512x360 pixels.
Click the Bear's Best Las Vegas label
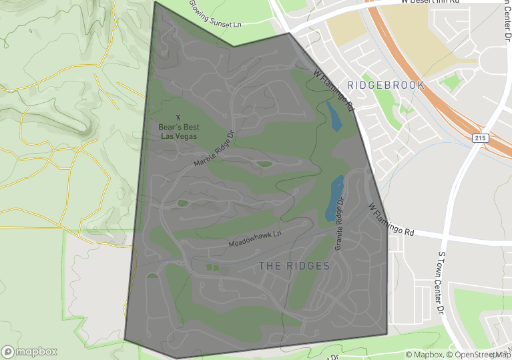click(178, 131)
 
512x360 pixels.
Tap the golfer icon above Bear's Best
click(178, 118)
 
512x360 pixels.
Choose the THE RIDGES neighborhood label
click(294, 266)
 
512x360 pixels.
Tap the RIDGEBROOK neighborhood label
click(386, 85)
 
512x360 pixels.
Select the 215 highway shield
click(482, 138)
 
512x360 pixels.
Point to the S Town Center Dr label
click(441, 283)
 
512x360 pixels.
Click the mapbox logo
click(29, 351)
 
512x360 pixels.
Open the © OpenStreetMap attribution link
click(479, 355)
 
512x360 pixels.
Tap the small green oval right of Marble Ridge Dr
click(264, 164)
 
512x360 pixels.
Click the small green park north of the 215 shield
click(453, 82)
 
